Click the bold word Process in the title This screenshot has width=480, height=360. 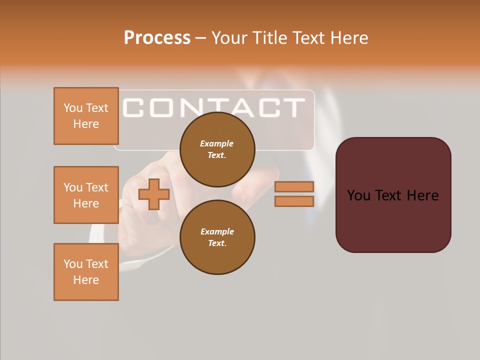pyautogui.click(x=157, y=38)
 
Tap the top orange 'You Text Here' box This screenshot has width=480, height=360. pyautogui.click(x=86, y=116)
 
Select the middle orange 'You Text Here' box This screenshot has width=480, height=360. pyautogui.click(x=86, y=195)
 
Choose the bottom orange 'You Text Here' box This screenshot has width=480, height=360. pyautogui.click(x=86, y=272)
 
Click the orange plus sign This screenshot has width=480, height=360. pyautogui.click(x=154, y=194)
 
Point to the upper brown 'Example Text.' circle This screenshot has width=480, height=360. pyautogui.click(x=217, y=149)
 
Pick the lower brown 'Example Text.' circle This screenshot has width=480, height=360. pyautogui.click(x=217, y=237)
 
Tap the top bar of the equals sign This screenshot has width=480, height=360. pyautogui.click(x=294, y=186)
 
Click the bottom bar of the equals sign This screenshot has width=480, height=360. pyautogui.click(x=294, y=201)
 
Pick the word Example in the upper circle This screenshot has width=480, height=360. pyautogui.click(x=217, y=143)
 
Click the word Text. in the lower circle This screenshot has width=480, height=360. pyautogui.click(x=217, y=243)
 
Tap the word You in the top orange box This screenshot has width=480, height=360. pyautogui.click(x=72, y=108)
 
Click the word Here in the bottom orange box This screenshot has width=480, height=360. pyautogui.click(x=86, y=280)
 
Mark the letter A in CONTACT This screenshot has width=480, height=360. pyautogui.click(x=239, y=107)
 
